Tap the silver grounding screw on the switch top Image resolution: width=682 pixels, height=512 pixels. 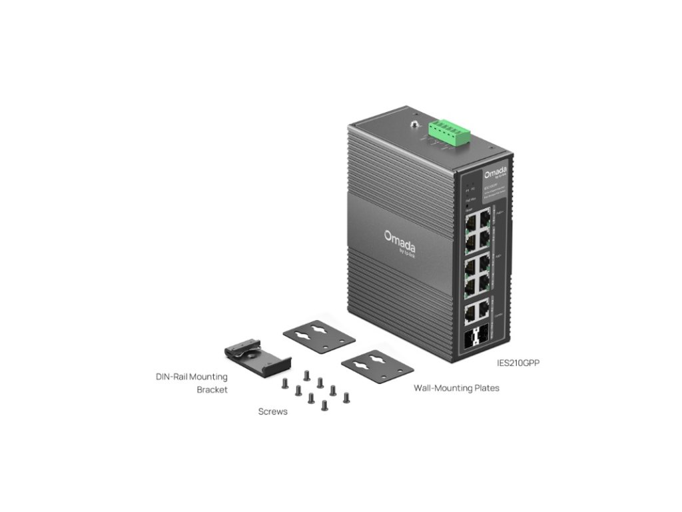tap(414, 125)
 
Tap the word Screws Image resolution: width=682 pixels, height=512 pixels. tap(273, 411)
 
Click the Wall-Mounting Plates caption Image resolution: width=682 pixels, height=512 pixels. tap(456, 387)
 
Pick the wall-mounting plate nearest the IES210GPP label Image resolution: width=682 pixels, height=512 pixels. tap(377, 365)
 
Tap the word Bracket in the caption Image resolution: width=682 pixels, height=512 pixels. tap(212, 389)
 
